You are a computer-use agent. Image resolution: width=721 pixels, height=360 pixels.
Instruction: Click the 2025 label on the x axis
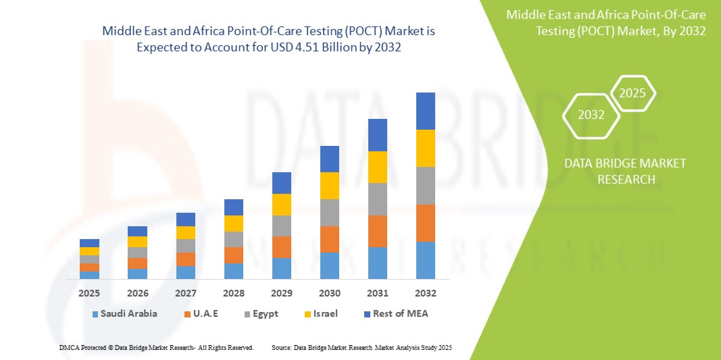89,294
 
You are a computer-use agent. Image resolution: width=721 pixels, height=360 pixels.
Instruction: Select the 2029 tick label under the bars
282,294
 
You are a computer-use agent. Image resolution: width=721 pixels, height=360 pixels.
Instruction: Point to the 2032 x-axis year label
426,294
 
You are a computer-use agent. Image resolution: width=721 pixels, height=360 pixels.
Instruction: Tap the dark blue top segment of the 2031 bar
378,135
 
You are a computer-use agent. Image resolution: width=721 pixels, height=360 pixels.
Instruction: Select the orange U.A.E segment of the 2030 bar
330,239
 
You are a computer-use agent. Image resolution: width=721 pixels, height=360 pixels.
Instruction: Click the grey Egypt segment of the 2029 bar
282,226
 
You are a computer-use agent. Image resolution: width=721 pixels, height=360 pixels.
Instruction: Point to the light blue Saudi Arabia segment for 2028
234,271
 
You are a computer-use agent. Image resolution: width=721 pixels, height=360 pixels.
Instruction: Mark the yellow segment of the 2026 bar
137,242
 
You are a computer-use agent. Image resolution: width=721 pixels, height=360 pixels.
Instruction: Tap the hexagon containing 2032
591,115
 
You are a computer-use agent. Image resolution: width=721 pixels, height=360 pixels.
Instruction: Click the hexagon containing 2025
632,93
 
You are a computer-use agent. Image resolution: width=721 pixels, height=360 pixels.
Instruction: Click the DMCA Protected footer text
156,347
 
